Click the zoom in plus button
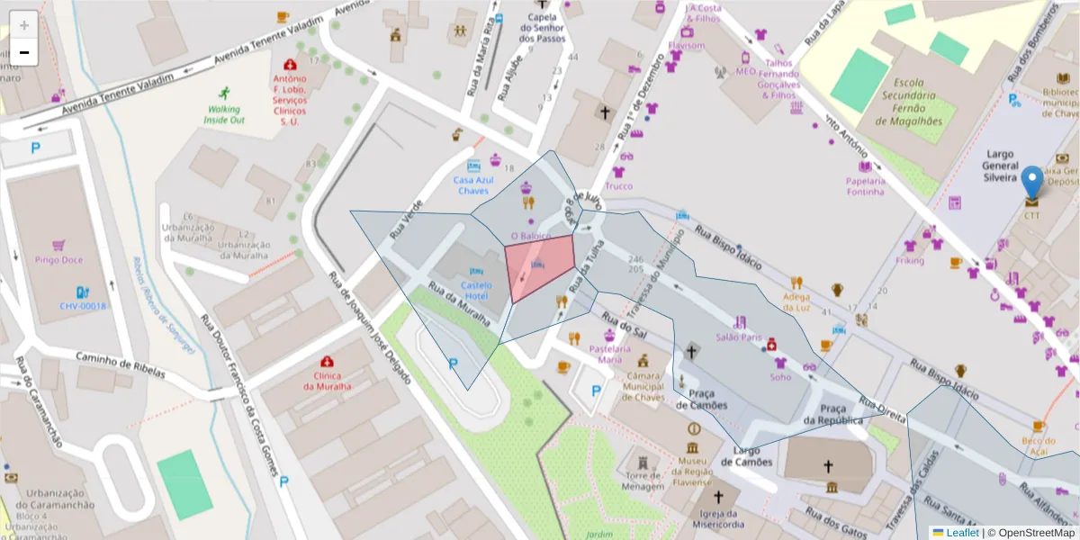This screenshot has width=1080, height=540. click(x=24, y=24)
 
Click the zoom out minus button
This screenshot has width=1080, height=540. click(x=24, y=52)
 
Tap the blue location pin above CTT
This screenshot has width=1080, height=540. click(x=1031, y=181)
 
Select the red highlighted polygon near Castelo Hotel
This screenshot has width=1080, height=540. click(x=538, y=266)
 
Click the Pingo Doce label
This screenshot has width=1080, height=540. click(x=58, y=260)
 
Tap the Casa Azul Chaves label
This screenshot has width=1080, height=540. click(x=473, y=184)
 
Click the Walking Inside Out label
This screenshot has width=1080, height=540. click(x=223, y=113)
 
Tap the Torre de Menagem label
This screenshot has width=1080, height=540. click(x=643, y=481)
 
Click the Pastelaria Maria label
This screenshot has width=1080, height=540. click(x=605, y=354)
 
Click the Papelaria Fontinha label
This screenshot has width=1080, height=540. click(x=866, y=185)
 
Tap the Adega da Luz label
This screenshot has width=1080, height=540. click(x=796, y=301)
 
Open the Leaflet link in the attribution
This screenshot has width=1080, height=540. click(x=961, y=533)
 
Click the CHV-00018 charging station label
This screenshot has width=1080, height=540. click(x=83, y=306)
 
